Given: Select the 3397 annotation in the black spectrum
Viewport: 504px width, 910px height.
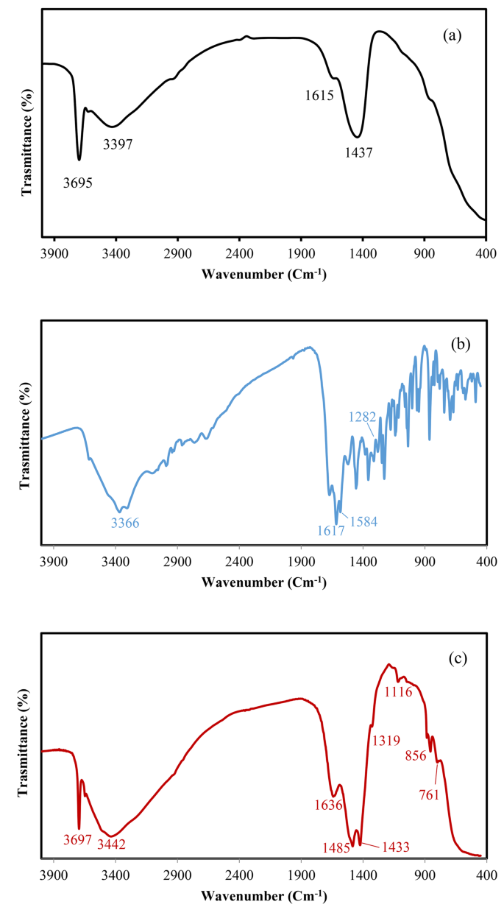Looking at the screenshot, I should (x=118, y=144).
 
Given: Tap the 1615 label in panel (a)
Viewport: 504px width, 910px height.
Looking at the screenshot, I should (x=320, y=95).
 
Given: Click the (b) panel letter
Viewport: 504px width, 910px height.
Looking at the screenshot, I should (x=458, y=343).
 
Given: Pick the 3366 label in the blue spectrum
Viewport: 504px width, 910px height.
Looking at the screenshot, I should (x=125, y=523).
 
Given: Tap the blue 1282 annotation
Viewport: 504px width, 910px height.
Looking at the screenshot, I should (x=363, y=417).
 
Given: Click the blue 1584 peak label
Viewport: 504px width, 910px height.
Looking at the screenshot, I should (x=363, y=522).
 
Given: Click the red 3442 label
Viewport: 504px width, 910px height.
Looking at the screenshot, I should (x=112, y=844).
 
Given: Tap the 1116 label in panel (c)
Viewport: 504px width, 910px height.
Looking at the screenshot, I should (x=398, y=691).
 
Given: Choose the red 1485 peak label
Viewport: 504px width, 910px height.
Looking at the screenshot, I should (x=335, y=847).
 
